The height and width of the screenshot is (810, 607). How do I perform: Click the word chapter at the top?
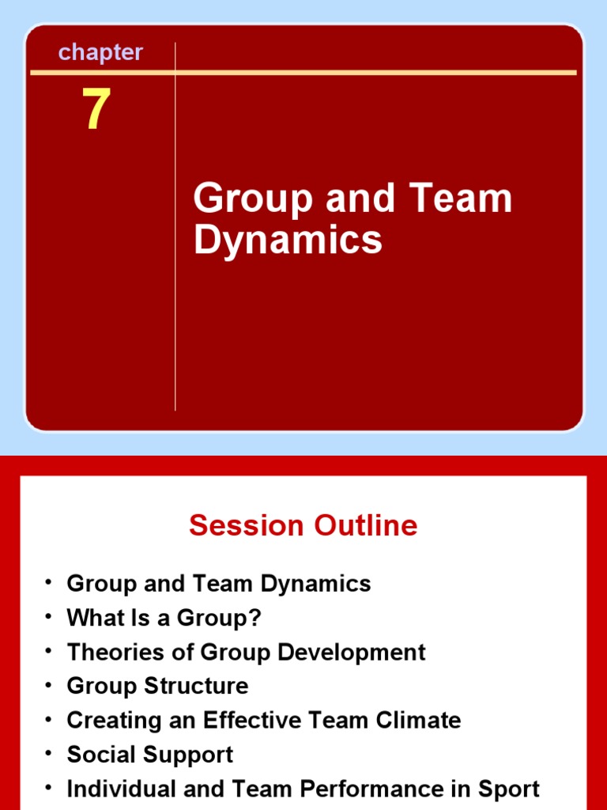coord(100,53)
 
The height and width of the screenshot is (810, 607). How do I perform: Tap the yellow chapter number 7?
coord(96,111)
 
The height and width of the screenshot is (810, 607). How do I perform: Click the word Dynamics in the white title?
coord(288,240)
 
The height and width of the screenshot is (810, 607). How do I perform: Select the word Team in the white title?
coord(466,199)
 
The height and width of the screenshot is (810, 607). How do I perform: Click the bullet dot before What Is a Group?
coord(49,616)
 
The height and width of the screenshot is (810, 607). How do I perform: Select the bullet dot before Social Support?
coord(49,753)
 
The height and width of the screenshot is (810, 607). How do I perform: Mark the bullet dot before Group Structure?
coord(49,685)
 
